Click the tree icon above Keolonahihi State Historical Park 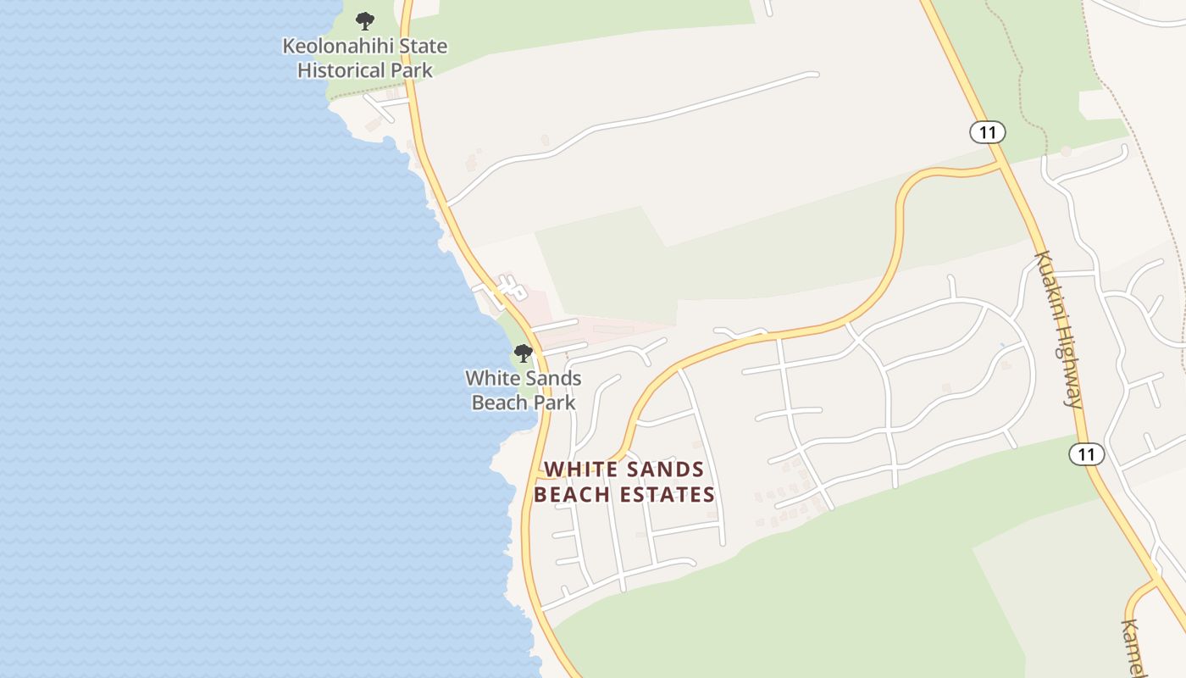(365, 20)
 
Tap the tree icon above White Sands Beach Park (524, 353)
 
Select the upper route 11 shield (987, 132)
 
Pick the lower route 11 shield (1086, 454)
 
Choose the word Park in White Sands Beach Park (555, 403)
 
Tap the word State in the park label (423, 46)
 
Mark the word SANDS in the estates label (665, 470)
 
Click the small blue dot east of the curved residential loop (1001, 345)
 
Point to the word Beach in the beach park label (498, 403)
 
